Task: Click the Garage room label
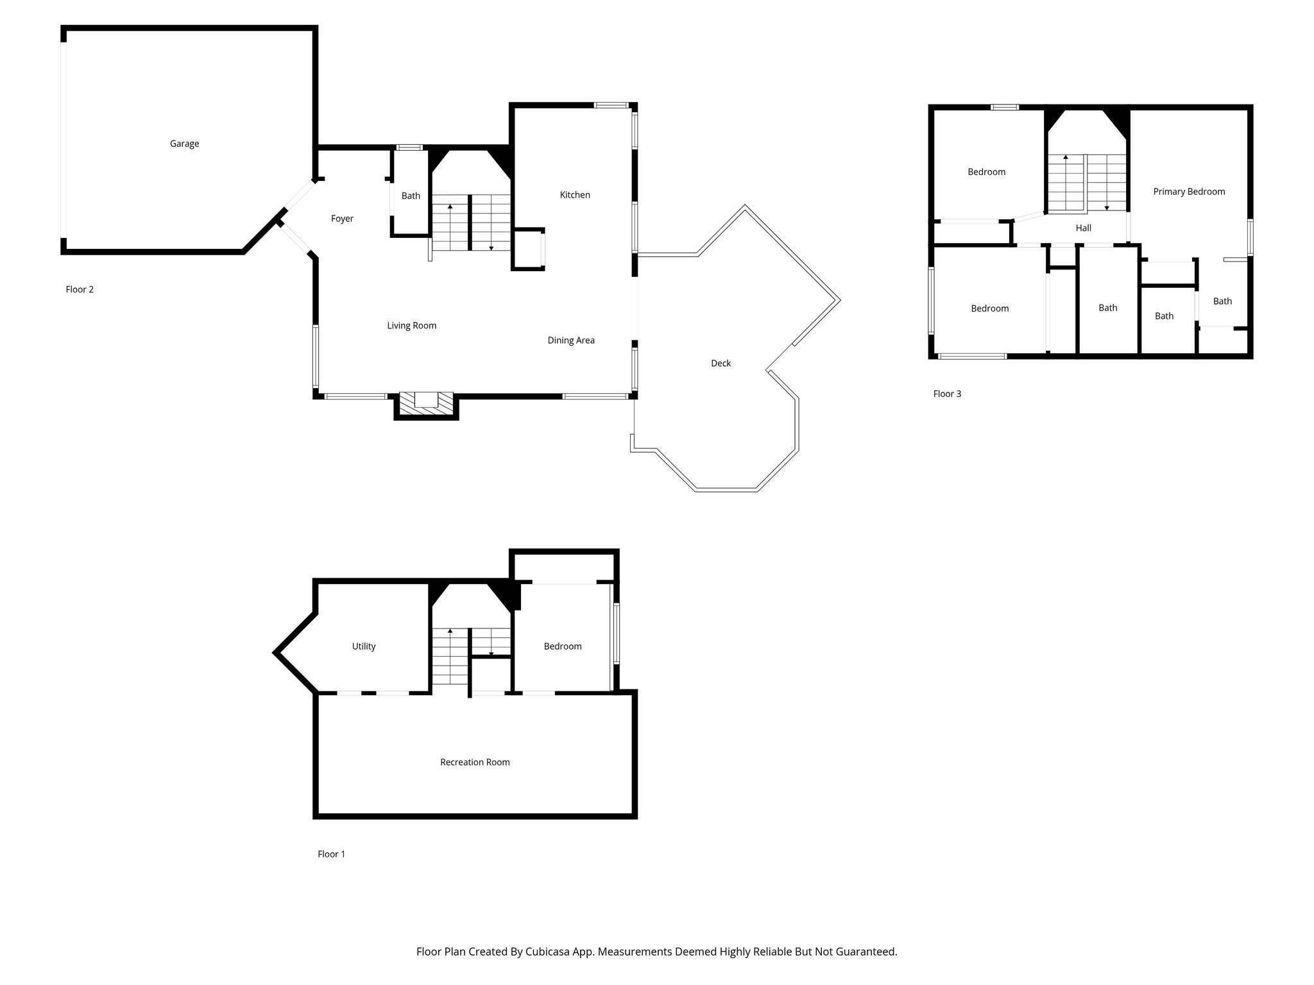click(x=184, y=144)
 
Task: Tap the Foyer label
click(x=342, y=219)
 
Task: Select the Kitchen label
click(x=575, y=195)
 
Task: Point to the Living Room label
click(x=411, y=326)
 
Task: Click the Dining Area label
click(x=571, y=341)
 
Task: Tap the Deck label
click(x=721, y=363)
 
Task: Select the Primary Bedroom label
click(x=1189, y=192)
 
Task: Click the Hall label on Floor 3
click(x=1084, y=228)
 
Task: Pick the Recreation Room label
click(x=475, y=762)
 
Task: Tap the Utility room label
click(x=364, y=646)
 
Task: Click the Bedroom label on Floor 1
click(x=563, y=646)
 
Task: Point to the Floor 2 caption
click(x=80, y=289)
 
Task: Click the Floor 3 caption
click(x=947, y=394)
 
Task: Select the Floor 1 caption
click(x=331, y=854)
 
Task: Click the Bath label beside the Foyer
click(x=411, y=196)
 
